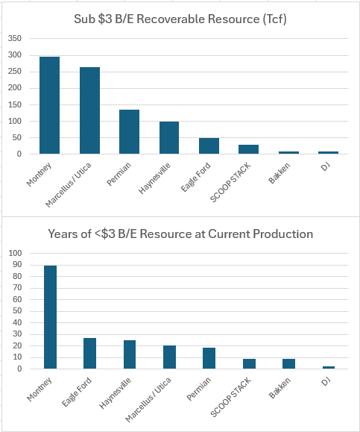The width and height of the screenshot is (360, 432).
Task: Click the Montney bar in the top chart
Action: click(x=50, y=105)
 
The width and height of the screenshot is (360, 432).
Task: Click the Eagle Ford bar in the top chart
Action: click(x=209, y=146)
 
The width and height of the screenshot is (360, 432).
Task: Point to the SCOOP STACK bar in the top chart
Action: click(x=249, y=149)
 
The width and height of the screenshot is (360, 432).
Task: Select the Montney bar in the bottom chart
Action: click(x=50, y=317)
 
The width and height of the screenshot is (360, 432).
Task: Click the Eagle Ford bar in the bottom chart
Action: click(x=89, y=354)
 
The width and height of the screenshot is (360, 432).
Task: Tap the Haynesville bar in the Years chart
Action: click(x=130, y=354)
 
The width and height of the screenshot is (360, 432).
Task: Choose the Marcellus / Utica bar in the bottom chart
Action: click(x=169, y=357)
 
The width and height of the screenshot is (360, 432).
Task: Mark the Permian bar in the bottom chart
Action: click(x=209, y=358)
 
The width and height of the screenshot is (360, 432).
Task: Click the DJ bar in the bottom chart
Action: click(x=329, y=367)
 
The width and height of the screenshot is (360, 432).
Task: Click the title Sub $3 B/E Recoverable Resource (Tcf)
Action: click(x=180, y=19)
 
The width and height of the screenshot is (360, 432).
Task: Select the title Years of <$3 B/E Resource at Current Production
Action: click(x=180, y=234)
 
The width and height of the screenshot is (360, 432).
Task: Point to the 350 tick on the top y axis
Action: click(x=16, y=38)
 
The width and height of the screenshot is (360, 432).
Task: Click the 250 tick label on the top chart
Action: click(x=16, y=71)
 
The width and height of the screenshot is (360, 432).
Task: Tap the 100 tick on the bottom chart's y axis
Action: click(x=16, y=254)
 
